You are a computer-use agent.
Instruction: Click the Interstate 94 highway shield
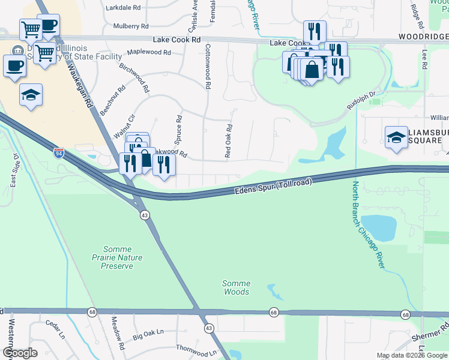(58, 153)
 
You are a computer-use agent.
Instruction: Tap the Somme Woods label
(236, 287)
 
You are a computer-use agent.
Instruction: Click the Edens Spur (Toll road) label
(273, 186)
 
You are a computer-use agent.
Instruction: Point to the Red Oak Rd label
(228, 141)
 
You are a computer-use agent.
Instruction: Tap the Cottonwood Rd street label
(208, 67)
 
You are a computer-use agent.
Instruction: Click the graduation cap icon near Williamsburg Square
(396, 136)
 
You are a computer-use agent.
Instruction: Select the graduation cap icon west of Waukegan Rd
(31, 95)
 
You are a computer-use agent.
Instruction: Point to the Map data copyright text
(412, 355)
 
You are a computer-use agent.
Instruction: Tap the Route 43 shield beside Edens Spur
(145, 215)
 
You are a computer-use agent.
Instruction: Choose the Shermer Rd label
(430, 334)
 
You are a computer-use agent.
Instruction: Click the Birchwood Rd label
(133, 78)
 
